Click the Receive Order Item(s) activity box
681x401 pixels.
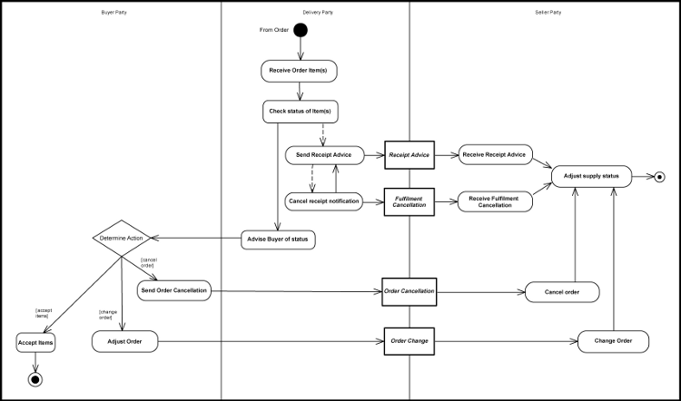[300, 70]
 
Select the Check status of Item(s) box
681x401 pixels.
[300, 112]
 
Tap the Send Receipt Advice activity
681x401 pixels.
[324, 155]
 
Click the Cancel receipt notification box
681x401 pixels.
[324, 200]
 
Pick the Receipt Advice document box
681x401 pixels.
[410, 155]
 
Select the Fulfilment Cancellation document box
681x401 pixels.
[410, 200]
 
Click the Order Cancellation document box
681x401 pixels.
[410, 291]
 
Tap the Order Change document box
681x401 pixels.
[410, 341]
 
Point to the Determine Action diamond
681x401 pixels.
[121, 240]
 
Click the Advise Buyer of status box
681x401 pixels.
[278, 240]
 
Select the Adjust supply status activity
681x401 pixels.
[591, 175]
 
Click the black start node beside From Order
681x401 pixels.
[300, 31]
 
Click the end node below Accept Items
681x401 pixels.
[35, 378]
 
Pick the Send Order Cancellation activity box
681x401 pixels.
[173, 291]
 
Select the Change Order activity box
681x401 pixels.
[613, 341]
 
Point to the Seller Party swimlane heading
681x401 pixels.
[548, 12]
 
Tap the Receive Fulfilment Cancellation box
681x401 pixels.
[495, 200]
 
